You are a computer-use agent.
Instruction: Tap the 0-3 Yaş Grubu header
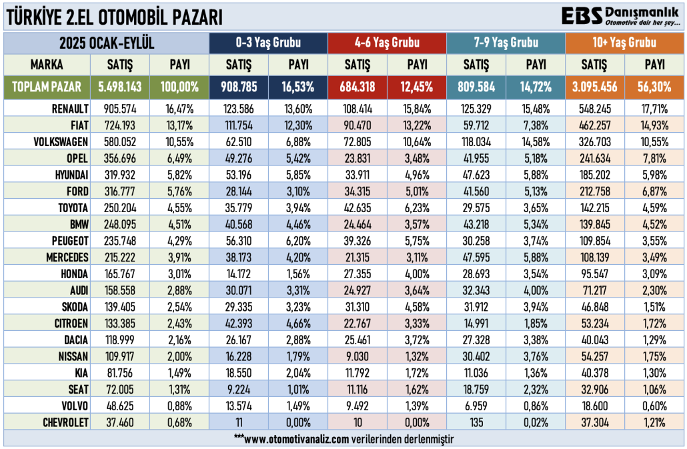pyautogui.click(x=268, y=43)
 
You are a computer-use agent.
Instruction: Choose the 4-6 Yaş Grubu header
pyautogui.click(x=387, y=43)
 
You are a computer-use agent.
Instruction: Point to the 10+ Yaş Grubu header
pyautogui.click(x=624, y=43)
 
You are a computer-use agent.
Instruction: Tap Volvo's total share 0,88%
pyautogui.click(x=179, y=406)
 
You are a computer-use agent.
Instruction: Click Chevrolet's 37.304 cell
pyautogui.click(x=594, y=422)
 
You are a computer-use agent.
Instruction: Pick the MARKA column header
pyautogui.click(x=47, y=65)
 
